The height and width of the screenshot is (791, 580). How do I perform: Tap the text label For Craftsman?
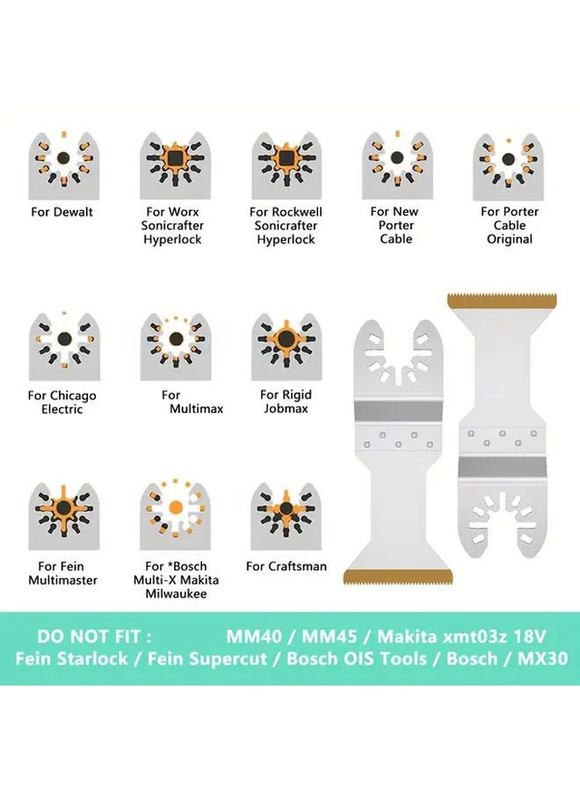coord(286,566)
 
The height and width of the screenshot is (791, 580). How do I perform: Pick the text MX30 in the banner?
coord(542,657)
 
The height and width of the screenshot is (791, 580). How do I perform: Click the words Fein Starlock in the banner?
coord(68,657)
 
